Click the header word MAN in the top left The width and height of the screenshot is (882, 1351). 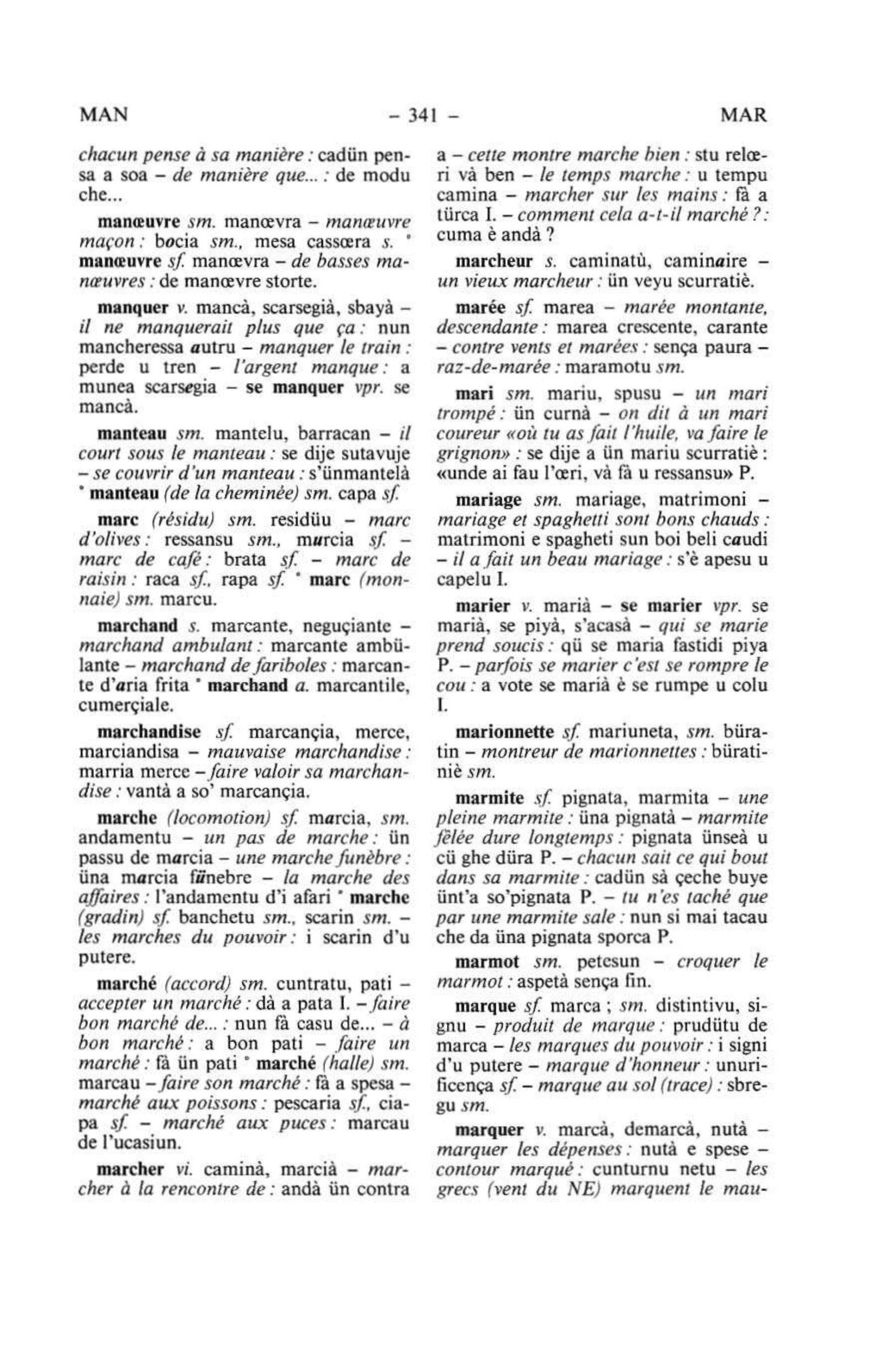click(103, 115)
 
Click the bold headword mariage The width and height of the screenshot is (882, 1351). click(488, 499)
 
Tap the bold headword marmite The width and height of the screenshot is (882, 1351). click(489, 797)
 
